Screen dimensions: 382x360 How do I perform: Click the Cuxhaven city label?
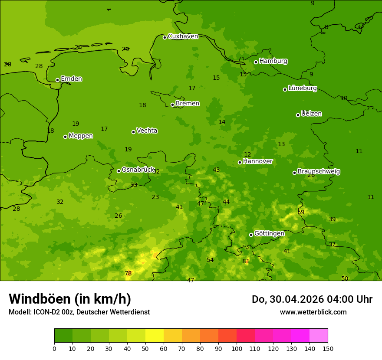tap(183, 36)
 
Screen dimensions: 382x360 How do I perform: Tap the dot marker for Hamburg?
tap(256, 62)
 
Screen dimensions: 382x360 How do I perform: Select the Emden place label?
tap(71, 79)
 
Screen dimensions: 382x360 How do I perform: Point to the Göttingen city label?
tap(269, 233)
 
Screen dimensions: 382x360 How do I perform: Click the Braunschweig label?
tap(319, 171)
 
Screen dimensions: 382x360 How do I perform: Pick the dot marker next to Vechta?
tap(133, 132)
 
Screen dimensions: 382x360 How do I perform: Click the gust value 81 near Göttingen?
tap(246, 261)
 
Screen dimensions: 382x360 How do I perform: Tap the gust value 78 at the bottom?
tap(128, 273)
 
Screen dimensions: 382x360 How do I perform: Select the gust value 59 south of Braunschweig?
tap(301, 212)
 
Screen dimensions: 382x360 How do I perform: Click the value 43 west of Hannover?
tap(216, 170)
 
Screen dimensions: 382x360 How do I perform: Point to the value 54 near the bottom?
tap(210, 260)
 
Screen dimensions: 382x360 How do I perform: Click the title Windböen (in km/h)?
tap(70, 299)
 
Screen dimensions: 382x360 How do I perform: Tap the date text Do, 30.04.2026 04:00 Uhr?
tap(312, 299)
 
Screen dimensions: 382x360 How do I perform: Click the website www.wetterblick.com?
tap(313, 312)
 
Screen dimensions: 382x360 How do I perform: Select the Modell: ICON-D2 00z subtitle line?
tap(79, 312)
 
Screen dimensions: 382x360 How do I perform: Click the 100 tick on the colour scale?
tap(237, 348)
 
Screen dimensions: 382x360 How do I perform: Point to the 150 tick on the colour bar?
tap(328, 348)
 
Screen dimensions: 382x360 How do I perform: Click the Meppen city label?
tap(81, 136)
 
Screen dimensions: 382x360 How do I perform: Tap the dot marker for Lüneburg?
tap(285, 89)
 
